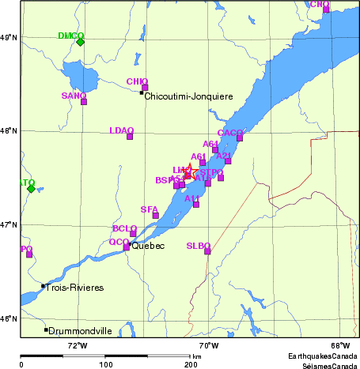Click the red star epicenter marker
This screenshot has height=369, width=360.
190,171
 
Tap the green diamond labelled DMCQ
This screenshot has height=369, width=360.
80,42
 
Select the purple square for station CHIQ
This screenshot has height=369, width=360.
145,88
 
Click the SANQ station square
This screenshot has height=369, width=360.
84,101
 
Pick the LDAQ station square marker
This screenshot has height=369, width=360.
130,137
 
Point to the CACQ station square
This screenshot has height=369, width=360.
240,138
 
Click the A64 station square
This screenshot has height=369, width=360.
215,149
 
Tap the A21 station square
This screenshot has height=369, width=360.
228,161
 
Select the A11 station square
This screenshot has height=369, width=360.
196,204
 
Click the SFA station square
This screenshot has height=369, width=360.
156,215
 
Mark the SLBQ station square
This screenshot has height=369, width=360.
208,251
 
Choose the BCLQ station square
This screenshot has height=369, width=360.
133,233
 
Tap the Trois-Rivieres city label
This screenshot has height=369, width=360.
75,288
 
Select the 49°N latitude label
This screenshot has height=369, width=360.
8,37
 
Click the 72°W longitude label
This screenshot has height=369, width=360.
77,345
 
